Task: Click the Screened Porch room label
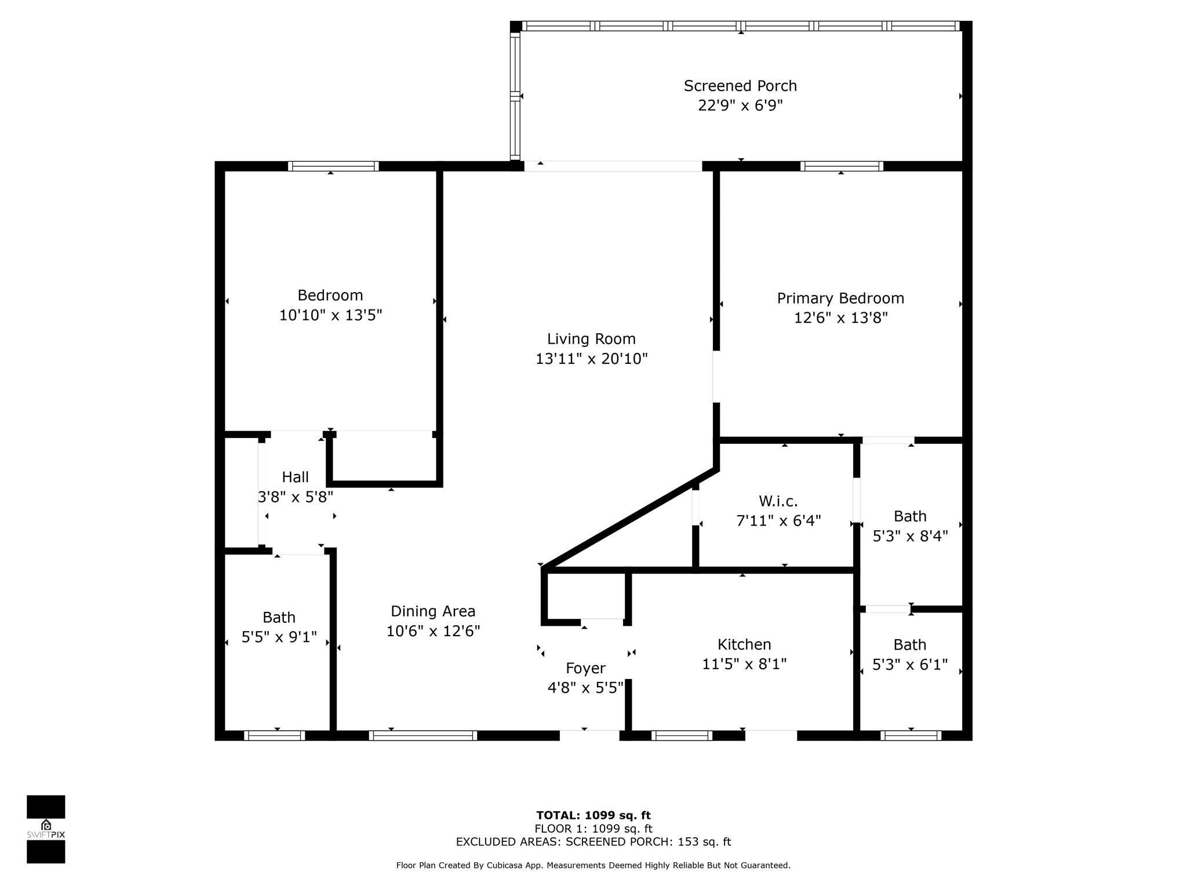[x=740, y=86]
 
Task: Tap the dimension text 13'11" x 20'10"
[x=591, y=359]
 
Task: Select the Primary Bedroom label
[x=840, y=298]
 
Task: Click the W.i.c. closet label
[x=778, y=501]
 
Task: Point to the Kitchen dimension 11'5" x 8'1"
[x=744, y=664]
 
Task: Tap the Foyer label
[x=585, y=668]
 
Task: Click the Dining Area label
[x=433, y=611]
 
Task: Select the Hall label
[x=295, y=477]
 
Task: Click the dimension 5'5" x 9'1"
[x=279, y=637]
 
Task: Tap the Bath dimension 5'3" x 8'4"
[x=910, y=536]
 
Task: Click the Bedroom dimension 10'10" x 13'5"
[x=330, y=315]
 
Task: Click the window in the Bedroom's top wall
[x=333, y=166]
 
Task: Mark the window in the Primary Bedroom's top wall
[x=842, y=166]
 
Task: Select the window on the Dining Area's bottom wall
[x=423, y=736]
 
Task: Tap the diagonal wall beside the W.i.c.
[x=629, y=519]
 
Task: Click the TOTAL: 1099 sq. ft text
[x=593, y=816]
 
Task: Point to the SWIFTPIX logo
[x=46, y=829]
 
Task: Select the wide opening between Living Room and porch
[x=613, y=166]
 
